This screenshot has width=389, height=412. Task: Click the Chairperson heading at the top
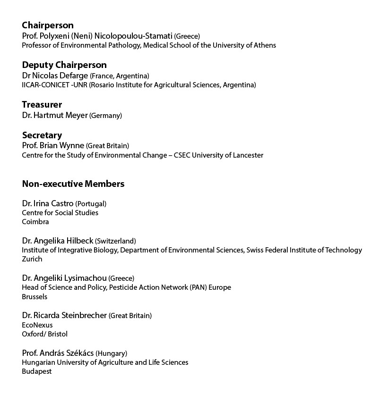pyautogui.click(x=48, y=25)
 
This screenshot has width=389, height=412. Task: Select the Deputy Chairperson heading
pyautogui.click(x=64, y=65)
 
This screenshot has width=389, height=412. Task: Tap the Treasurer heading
pyautogui.click(x=42, y=105)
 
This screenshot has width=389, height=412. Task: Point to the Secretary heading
pyautogui.click(x=42, y=135)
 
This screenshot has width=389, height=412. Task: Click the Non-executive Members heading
pyautogui.click(x=73, y=184)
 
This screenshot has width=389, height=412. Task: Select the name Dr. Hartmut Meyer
pyautogui.click(x=55, y=115)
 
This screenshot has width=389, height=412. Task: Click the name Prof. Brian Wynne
pyautogui.click(x=53, y=145)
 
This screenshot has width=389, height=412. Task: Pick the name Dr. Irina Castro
pyautogui.click(x=48, y=204)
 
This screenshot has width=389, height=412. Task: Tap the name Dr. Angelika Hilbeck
pyautogui.click(x=58, y=241)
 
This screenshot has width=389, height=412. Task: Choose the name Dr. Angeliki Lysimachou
pyautogui.click(x=64, y=278)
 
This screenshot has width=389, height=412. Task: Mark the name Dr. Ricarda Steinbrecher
pyautogui.click(x=65, y=315)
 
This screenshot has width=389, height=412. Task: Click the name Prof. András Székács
pyautogui.click(x=58, y=353)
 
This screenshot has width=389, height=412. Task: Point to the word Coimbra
pyautogui.click(x=35, y=222)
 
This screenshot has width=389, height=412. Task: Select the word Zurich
pyautogui.click(x=32, y=259)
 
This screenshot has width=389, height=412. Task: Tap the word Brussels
pyautogui.click(x=35, y=297)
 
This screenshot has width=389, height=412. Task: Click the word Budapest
pyautogui.click(x=37, y=371)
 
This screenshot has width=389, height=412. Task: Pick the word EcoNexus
pyautogui.click(x=37, y=325)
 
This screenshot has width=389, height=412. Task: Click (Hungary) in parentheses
pyautogui.click(x=111, y=353)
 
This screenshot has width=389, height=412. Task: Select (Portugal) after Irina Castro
pyautogui.click(x=91, y=204)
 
